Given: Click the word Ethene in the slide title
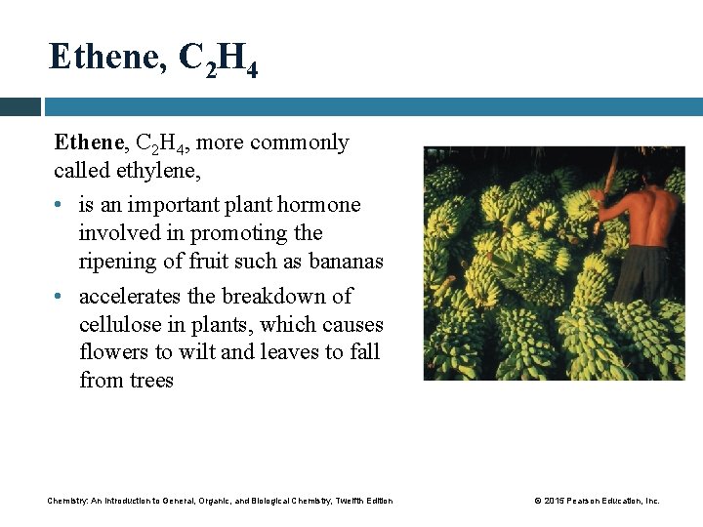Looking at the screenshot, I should [x=105, y=58].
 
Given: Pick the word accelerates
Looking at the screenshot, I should [x=146, y=296].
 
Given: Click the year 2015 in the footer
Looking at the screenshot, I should [x=554, y=501].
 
